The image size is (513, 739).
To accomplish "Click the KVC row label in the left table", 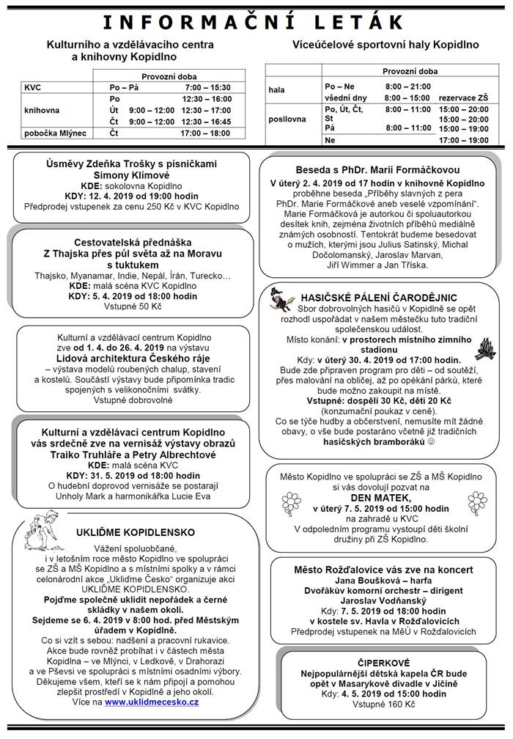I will [34, 87].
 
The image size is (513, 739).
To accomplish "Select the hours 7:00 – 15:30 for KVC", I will [208, 87].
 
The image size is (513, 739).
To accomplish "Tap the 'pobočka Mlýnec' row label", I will [55, 133].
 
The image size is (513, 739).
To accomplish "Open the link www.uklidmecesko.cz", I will [151, 702].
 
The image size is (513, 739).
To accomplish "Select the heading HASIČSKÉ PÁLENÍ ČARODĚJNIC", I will [380, 297].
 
